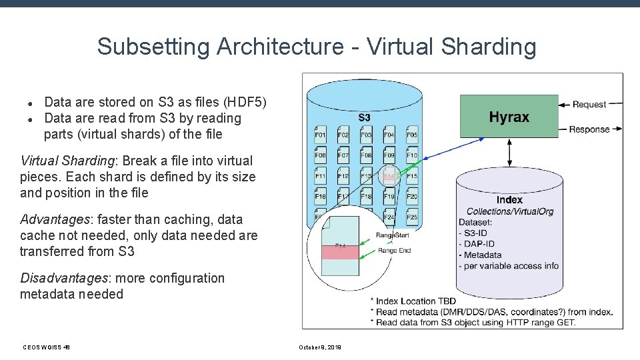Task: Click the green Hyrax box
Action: (509, 117)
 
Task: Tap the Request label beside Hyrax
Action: (589, 104)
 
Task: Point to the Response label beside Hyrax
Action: (589, 129)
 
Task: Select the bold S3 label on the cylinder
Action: (365, 117)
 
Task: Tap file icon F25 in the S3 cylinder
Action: (412, 217)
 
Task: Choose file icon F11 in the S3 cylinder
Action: (320, 175)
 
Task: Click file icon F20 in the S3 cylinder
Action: (412, 196)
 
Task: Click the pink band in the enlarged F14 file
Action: (340, 251)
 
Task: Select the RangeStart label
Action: (393, 235)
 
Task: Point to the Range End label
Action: (395, 251)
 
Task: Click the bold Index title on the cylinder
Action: (510, 200)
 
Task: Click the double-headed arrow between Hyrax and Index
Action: (510, 153)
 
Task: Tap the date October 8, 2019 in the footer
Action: (320, 347)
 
